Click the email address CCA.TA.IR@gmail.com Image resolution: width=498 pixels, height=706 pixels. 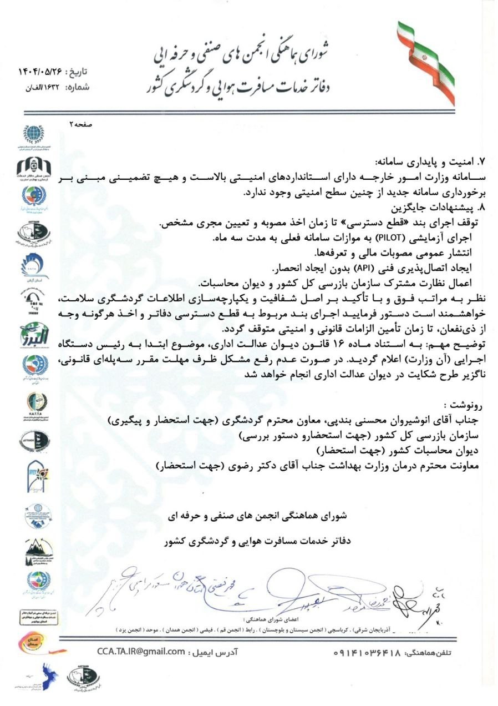click(140, 651)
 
